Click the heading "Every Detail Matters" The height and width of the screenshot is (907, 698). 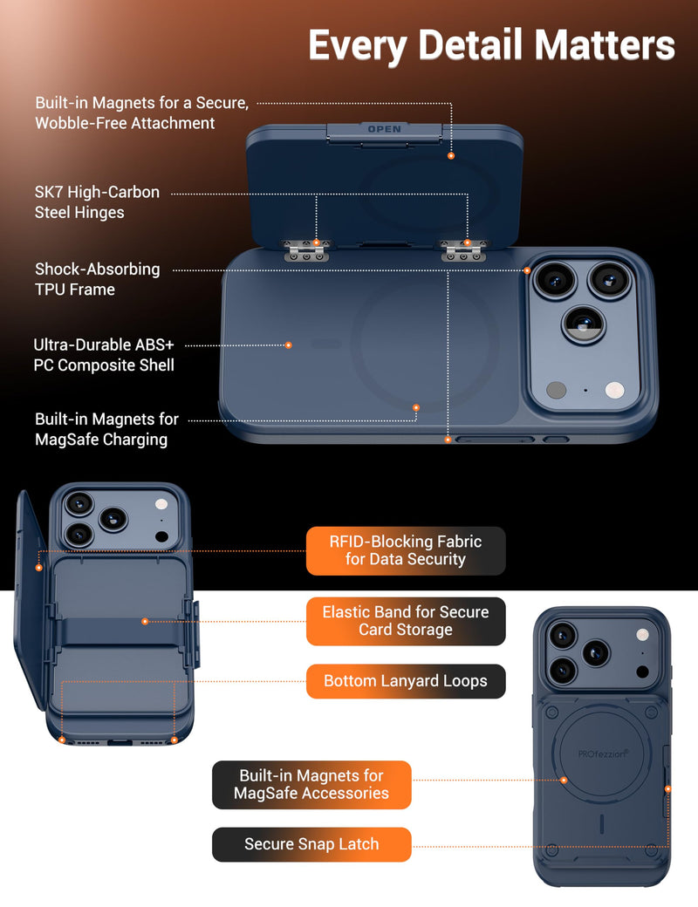point(492,45)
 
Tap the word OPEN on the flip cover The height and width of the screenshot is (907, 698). point(385,129)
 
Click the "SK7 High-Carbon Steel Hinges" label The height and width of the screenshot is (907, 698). point(97,201)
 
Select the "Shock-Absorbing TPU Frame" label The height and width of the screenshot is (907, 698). point(97,279)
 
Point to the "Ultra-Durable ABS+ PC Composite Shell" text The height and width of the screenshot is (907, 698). point(104,355)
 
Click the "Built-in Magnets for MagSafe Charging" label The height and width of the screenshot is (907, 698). point(106,429)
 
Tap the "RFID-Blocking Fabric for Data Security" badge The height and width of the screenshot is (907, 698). point(406,550)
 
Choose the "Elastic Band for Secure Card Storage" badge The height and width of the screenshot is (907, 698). point(406,621)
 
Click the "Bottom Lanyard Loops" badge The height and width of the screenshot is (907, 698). point(406,681)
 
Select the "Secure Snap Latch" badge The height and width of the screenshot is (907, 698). point(311,844)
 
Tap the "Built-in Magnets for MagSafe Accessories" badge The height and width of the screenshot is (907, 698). point(311,784)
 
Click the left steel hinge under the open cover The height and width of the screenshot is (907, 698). point(307,250)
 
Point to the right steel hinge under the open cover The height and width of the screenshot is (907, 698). point(464,250)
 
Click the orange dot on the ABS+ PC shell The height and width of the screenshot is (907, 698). point(289,345)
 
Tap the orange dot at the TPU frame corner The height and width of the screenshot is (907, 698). point(527,270)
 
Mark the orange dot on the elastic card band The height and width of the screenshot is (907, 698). point(145,621)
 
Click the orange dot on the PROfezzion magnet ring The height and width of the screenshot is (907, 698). point(564,781)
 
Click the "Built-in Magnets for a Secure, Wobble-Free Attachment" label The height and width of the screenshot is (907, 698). point(142,113)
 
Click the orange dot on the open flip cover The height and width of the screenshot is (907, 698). point(451,155)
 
